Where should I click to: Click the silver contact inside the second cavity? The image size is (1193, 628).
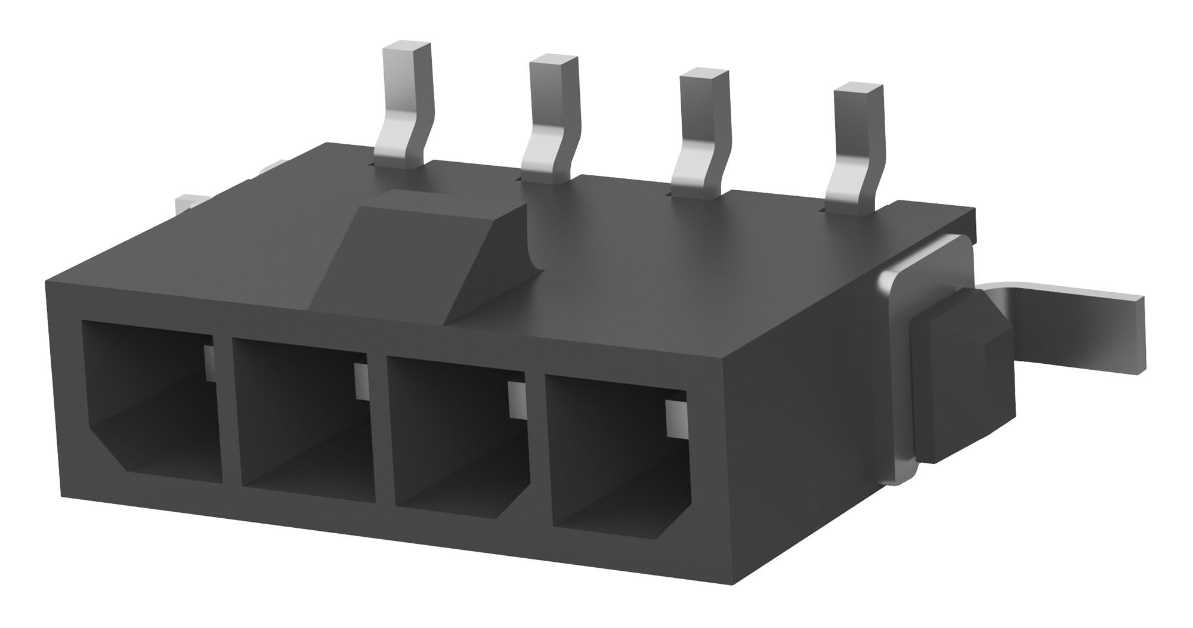click(361, 382)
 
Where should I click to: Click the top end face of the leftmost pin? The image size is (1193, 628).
click(406, 47)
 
